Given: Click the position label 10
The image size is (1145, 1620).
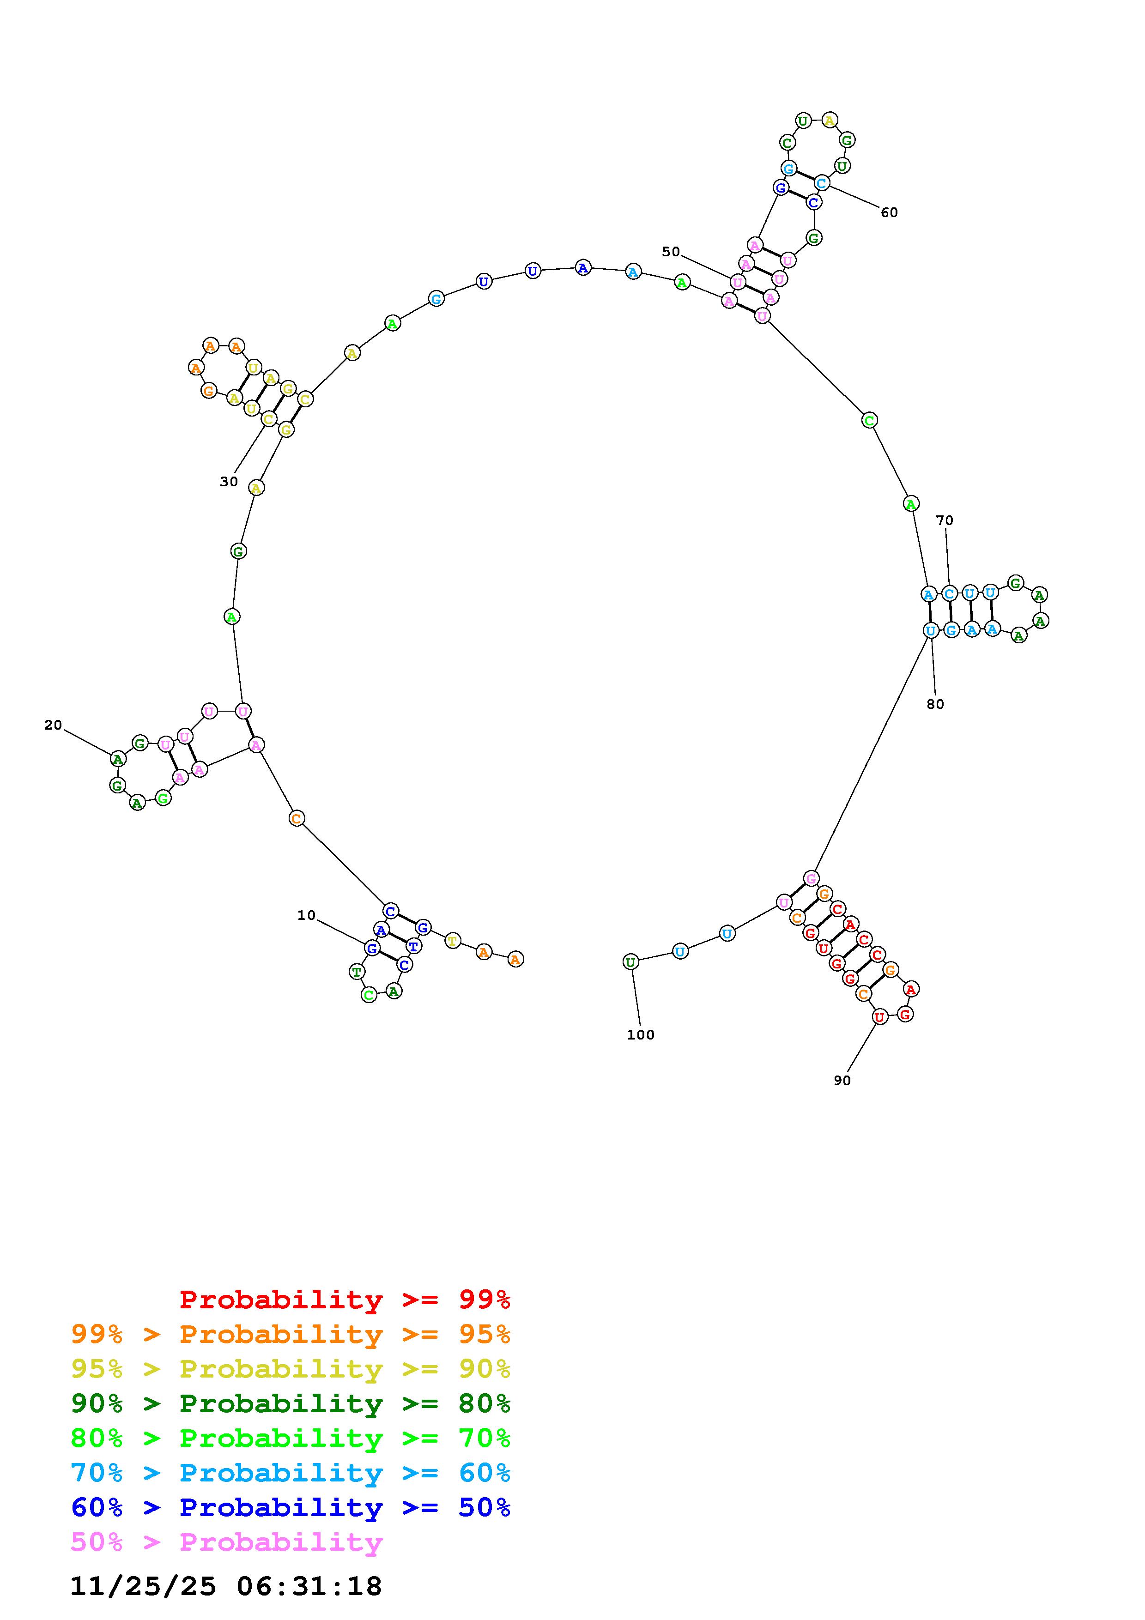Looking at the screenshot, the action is [306, 915].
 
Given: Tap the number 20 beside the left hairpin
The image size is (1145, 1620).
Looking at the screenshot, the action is [53, 725].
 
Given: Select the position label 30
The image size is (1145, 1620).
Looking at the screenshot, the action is [229, 482].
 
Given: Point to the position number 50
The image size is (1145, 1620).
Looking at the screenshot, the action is [671, 251].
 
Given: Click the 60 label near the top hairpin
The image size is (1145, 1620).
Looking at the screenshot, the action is [889, 212].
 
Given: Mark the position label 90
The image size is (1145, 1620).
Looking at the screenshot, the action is [842, 1080].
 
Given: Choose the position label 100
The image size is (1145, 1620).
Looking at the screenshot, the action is [641, 1034].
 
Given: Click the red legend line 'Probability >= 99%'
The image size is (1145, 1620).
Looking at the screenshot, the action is [345, 1299].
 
